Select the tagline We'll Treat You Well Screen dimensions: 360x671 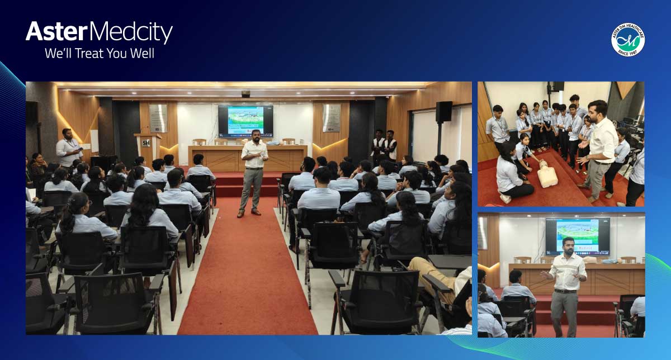pyautogui.click(x=99, y=54)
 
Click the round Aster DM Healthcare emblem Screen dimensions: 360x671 pyautogui.click(x=627, y=39)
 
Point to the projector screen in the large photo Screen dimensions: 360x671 pyautogui.click(x=245, y=121)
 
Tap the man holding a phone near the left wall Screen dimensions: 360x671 pyautogui.click(x=69, y=149)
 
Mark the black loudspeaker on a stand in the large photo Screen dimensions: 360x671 pyautogui.click(x=443, y=112)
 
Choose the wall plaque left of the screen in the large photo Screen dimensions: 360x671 pyautogui.click(x=158, y=118)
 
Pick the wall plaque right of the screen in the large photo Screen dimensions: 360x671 pyautogui.click(x=331, y=118)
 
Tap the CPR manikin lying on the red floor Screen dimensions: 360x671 pyautogui.click(x=547, y=177)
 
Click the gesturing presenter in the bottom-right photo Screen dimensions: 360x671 pyautogui.click(x=565, y=291)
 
